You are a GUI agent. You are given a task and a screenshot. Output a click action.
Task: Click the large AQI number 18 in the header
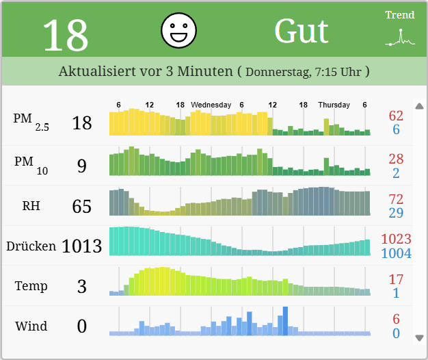(66, 34)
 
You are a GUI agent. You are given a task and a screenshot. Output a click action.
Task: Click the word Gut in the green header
(302, 31)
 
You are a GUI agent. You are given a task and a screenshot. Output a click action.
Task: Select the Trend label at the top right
(400, 15)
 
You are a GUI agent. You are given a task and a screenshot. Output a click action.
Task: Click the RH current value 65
(81, 206)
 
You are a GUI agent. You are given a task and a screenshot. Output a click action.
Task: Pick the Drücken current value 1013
(81, 246)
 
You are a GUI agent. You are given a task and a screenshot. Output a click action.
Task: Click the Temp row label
(31, 286)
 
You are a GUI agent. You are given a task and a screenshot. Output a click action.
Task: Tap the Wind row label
(31, 326)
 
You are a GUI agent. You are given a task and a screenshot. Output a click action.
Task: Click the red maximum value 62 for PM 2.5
(396, 116)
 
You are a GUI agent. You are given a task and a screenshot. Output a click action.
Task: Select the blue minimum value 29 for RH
(396, 213)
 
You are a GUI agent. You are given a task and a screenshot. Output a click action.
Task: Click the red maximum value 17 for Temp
(396, 279)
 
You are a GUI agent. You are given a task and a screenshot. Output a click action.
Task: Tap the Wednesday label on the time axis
(211, 105)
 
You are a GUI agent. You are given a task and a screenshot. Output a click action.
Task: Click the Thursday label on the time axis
(334, 105)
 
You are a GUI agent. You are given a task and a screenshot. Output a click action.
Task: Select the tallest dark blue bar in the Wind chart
(285, 321)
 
